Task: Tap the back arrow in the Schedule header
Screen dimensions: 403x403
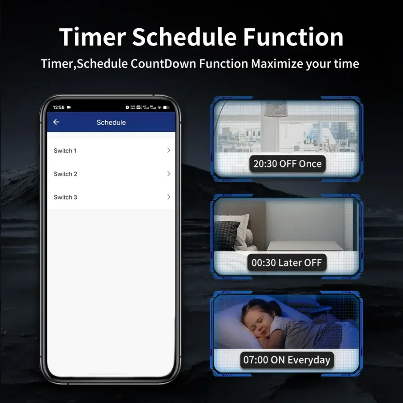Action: click(x=56, y=122)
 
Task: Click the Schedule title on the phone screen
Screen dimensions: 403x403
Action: click(x=111, y=122)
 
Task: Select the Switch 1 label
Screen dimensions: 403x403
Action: click(x=65, y=150)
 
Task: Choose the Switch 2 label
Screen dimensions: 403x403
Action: click(x=65, y=174)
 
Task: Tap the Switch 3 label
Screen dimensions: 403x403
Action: click(x=65, y=197)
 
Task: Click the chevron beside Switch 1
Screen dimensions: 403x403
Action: click(x=169, y=150)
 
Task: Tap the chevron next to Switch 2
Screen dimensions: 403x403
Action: click(x=169, y=174)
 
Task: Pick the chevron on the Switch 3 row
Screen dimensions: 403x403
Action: click(x=169, y=197)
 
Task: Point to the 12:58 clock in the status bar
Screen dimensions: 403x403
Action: click(x=59, y=107)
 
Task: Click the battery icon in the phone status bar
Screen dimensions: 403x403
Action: click(x=166, y=107)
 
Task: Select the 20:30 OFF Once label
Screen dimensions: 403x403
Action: click(x=287, y=164)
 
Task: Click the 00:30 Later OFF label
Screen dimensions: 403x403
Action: click(x=287, y=262)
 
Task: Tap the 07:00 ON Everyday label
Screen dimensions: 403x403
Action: click(x=287, y=360)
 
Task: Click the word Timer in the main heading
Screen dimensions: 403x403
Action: click(x=93, y=37)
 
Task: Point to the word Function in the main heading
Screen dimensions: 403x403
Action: click(x=293, y=37)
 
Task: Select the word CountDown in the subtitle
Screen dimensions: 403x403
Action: click(x=163, y=64)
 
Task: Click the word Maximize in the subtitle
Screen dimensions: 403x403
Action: click(x=277, y=64)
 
